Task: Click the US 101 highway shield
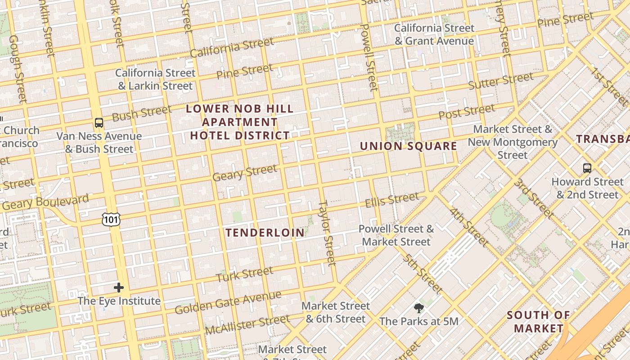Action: [x=111, y=219]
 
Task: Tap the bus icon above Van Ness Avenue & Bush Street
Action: [x=99, y=122]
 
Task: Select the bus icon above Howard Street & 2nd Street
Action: [x=587, y=168]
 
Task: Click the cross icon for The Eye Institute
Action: [x=119, y=287]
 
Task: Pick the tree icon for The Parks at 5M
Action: [x=419, y=308]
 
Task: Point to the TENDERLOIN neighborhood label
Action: [x=265, y=233]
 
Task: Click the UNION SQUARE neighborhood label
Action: [x=408, y=146]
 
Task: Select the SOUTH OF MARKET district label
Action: [x=538, y=322]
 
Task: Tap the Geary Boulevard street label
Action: [x=45, y=202]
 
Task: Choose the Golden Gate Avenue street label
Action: [x=228, y=303]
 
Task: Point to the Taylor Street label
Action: [x=327, y=233]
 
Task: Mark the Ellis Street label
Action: [x=391, y=200]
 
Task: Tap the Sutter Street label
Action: [x=500, y=81]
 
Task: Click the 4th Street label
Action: [x=468, y=227]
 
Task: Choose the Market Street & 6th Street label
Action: [x=335, y=312]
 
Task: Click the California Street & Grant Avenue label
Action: [x=434, y=35]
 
